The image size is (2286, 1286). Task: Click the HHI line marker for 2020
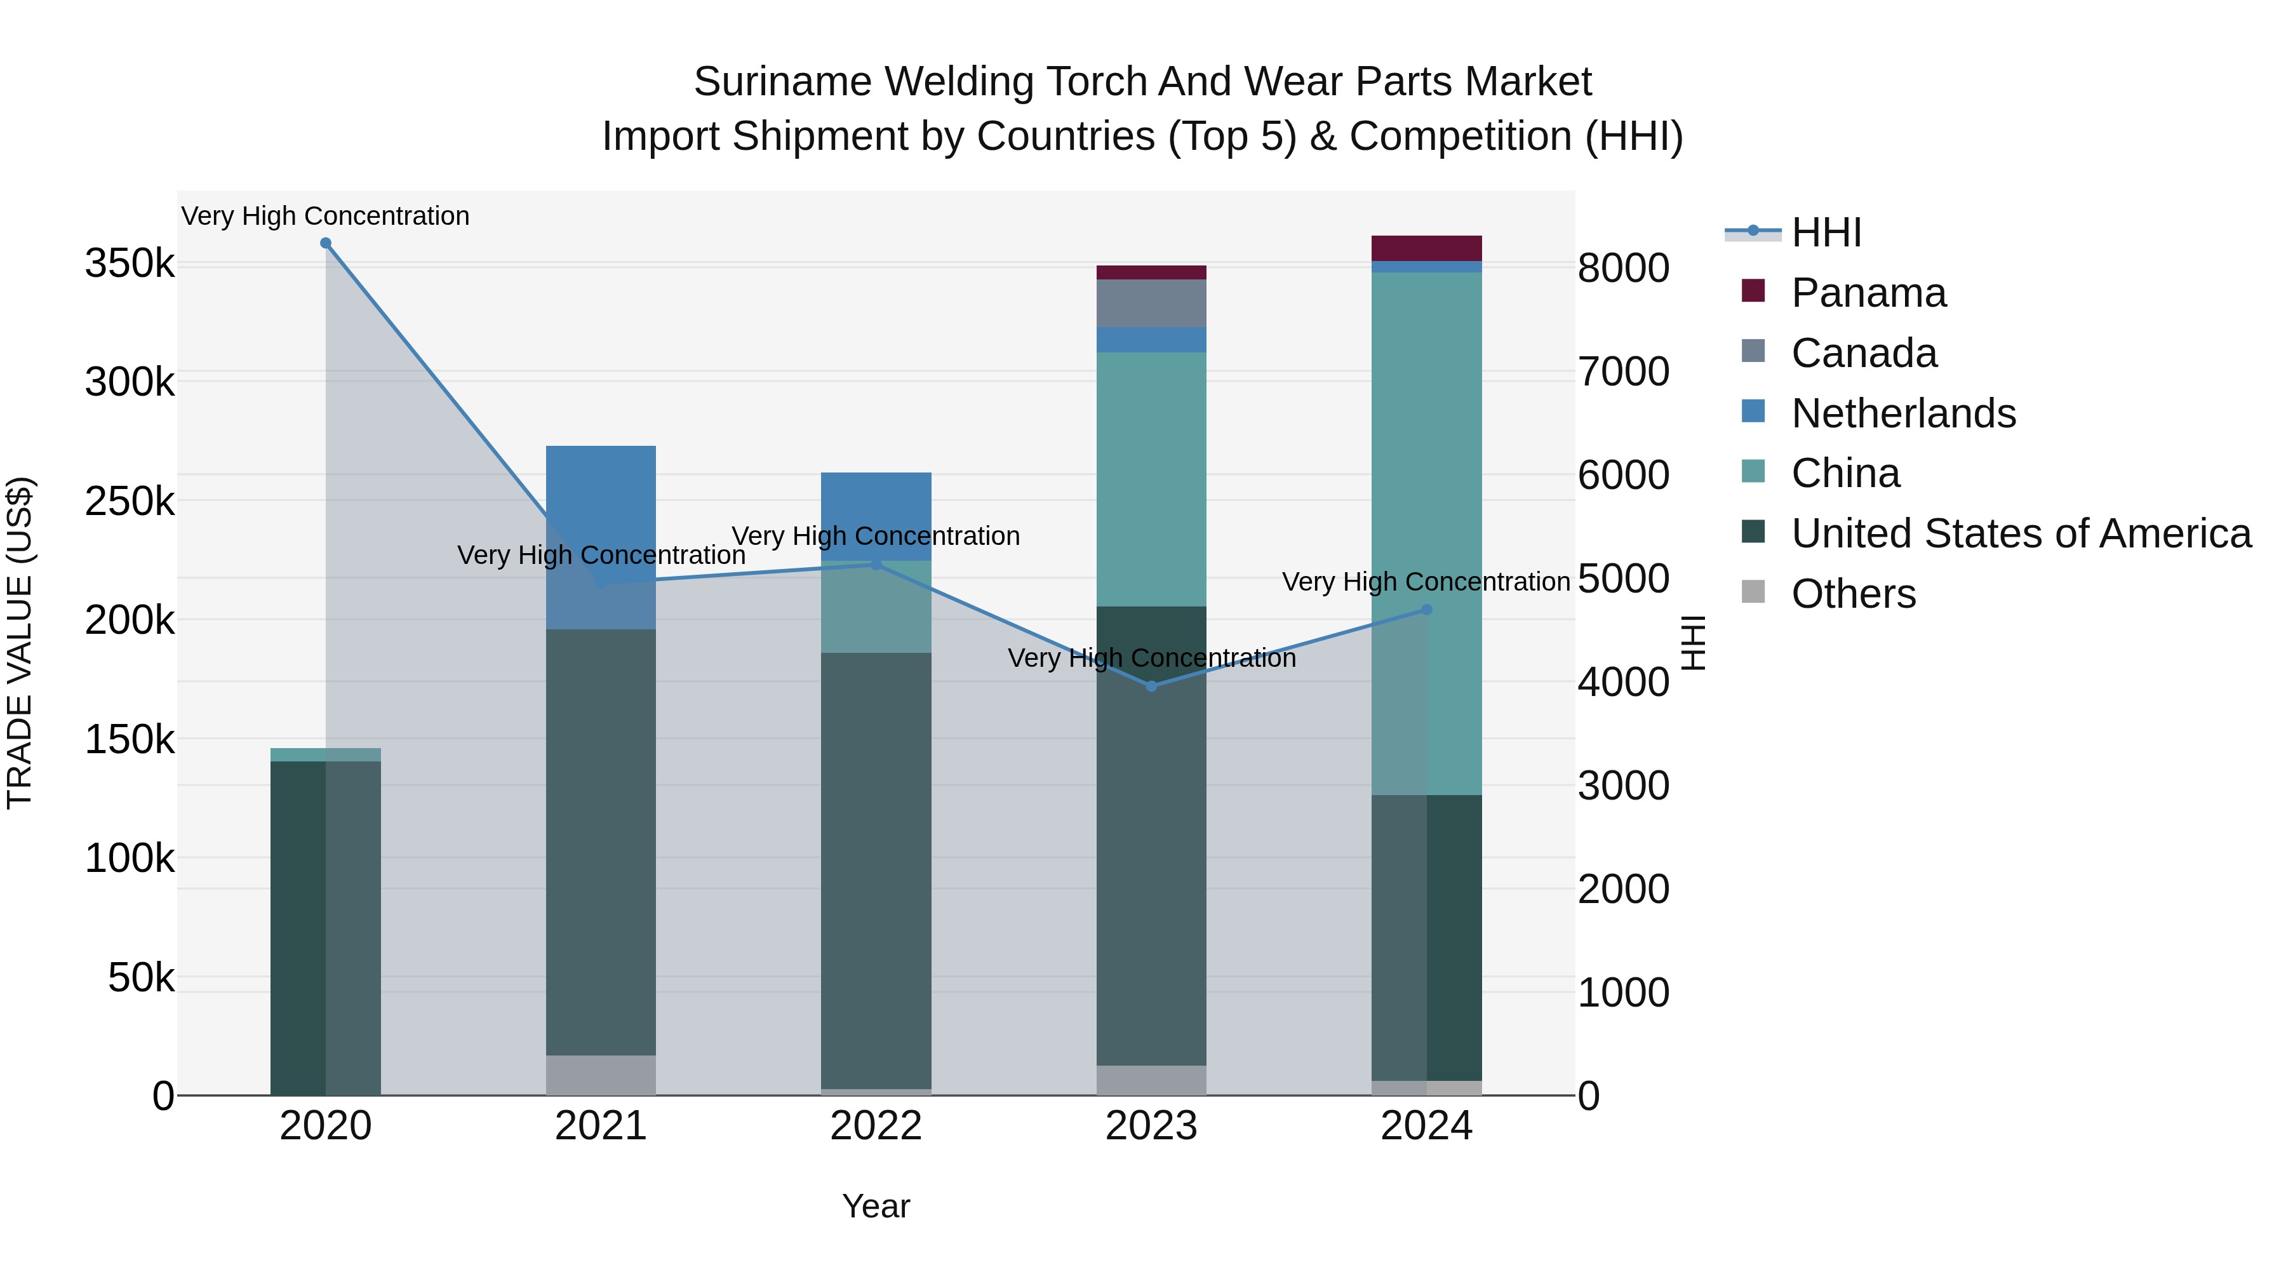pos(326,243)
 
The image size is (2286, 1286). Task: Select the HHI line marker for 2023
pos(1151,686)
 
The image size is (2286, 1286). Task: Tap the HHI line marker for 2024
pos(1427,610)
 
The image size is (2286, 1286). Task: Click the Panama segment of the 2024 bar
pos(1427,248)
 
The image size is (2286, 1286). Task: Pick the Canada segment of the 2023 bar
pos(1151,304)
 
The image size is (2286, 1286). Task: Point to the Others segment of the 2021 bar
pos(601,1075)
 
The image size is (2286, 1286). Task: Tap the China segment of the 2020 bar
pos(326,754)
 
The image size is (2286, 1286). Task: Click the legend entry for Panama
pos(1869,293)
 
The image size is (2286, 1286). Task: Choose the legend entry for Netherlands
pos(1904,413)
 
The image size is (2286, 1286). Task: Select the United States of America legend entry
pos(2021,533)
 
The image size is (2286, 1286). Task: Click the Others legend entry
pos(1853,594)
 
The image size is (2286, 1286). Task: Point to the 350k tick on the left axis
pos(130,264)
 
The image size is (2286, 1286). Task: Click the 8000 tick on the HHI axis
pos(1623,268)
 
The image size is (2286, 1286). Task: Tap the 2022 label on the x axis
pos(876,1126)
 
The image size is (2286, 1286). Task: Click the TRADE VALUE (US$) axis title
pos(20,643)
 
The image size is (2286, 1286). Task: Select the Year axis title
pos(876,1206)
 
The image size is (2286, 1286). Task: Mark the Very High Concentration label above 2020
pos(326,216)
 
